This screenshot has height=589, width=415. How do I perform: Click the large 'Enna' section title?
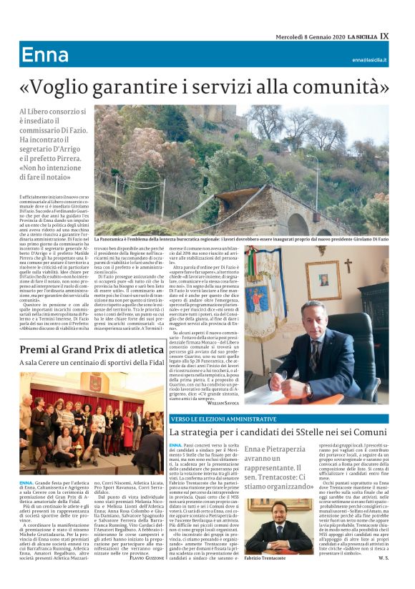(x=45, y=55)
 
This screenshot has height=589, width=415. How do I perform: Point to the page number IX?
(x=384, y=36)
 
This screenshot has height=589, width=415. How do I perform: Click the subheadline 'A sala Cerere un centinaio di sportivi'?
(x=93, y=364)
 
